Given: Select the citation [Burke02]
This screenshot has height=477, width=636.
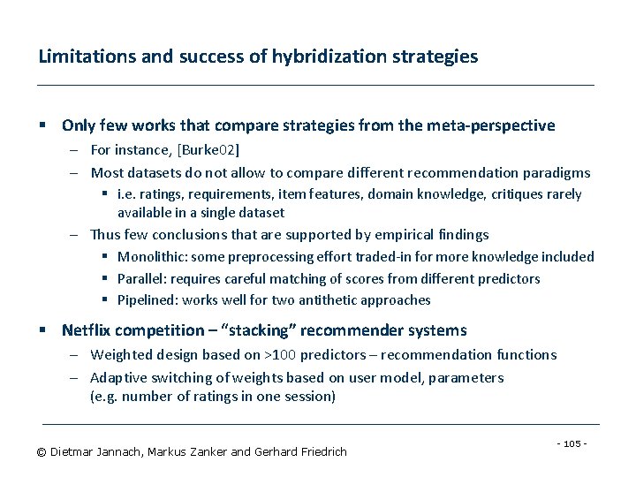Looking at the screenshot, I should click(208, 150).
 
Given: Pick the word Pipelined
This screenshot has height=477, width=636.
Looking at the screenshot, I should click(144, 300).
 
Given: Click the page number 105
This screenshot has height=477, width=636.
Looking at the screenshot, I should click(573, 443).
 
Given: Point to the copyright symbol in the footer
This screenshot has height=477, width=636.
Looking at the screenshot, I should click(41, 452).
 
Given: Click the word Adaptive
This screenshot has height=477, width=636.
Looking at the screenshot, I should click(119, 378).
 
